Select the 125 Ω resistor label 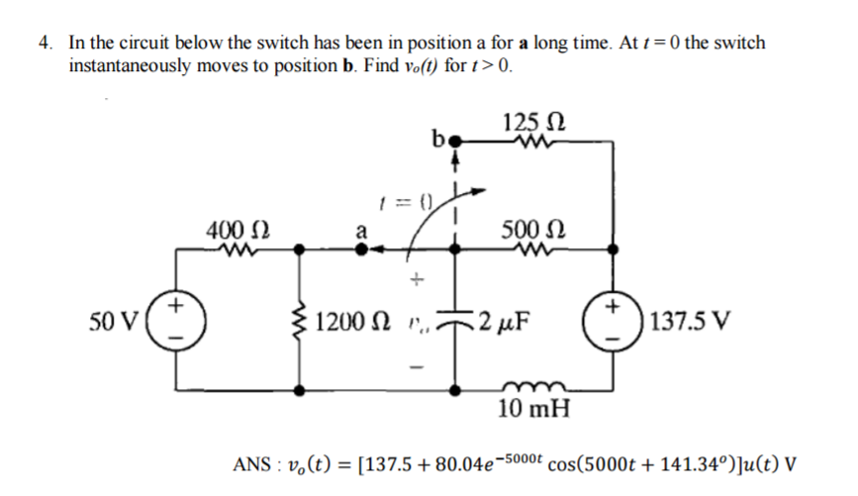coord(534,124)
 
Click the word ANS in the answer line coord(252,464)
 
